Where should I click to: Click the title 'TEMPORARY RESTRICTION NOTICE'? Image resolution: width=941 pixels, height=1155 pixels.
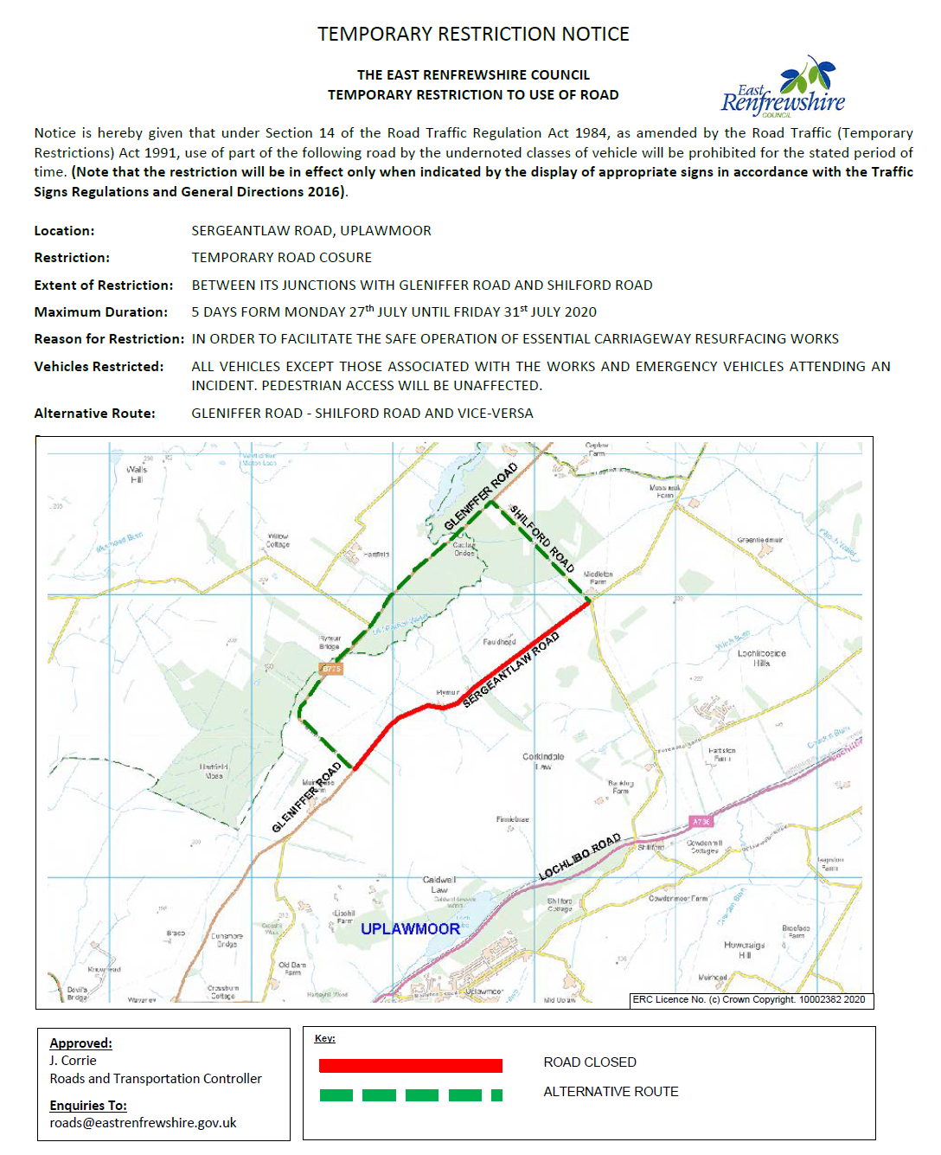473,35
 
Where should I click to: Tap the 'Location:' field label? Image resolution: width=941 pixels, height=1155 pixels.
64,231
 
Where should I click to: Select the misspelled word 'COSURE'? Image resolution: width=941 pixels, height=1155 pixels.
347,258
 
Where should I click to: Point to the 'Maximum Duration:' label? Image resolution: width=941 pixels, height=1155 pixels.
100,312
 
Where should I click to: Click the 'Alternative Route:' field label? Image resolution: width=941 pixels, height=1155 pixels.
94,414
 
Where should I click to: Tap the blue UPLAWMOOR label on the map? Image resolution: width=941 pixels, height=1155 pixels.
410,929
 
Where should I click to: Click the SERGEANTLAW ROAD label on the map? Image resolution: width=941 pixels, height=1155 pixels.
511,670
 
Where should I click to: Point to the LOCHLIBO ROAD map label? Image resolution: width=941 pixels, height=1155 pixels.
579,857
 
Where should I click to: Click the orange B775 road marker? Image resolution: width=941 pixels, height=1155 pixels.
330,669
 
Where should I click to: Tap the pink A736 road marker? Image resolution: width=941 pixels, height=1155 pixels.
701,821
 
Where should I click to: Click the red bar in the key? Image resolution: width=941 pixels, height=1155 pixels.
410,1066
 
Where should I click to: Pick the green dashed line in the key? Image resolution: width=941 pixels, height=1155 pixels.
410,1095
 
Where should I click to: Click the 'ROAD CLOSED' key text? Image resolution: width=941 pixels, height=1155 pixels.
590,1062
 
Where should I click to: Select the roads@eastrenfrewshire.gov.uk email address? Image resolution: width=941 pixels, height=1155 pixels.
143,1123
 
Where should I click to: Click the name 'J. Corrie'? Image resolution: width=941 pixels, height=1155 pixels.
73,1061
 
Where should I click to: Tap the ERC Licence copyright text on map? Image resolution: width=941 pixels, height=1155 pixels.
748,999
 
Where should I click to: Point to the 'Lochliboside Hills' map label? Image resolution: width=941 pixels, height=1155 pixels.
761,658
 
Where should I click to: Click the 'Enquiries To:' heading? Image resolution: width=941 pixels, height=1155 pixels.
88,1106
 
